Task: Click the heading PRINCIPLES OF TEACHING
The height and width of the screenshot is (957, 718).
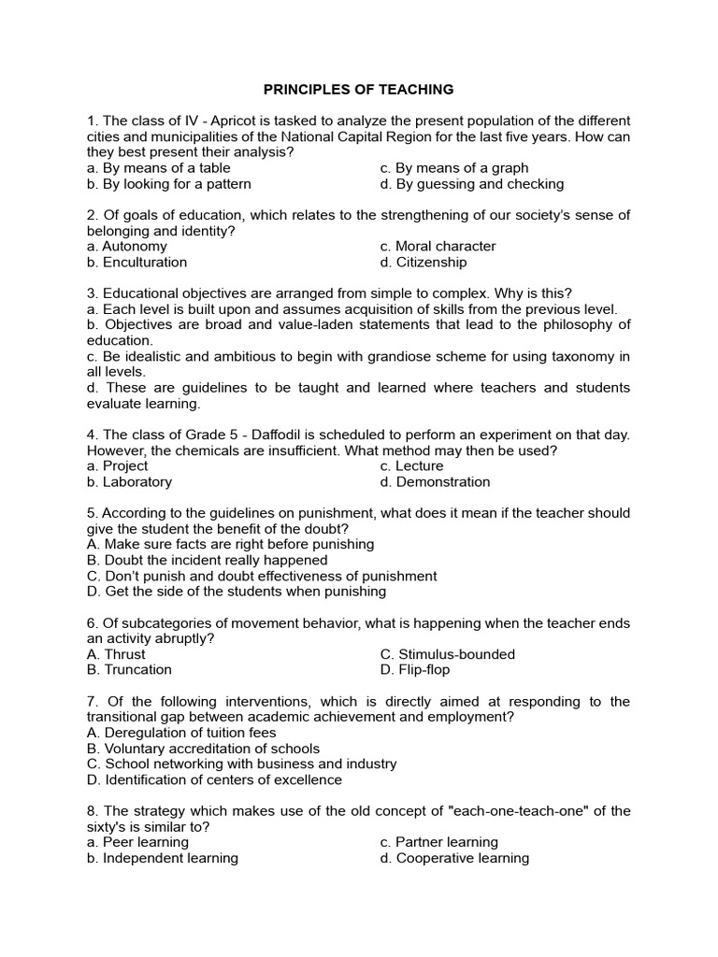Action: [358, 90]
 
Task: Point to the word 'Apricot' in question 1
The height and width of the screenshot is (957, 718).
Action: [239, 121]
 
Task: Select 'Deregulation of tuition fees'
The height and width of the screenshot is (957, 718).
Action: [185, 733]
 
